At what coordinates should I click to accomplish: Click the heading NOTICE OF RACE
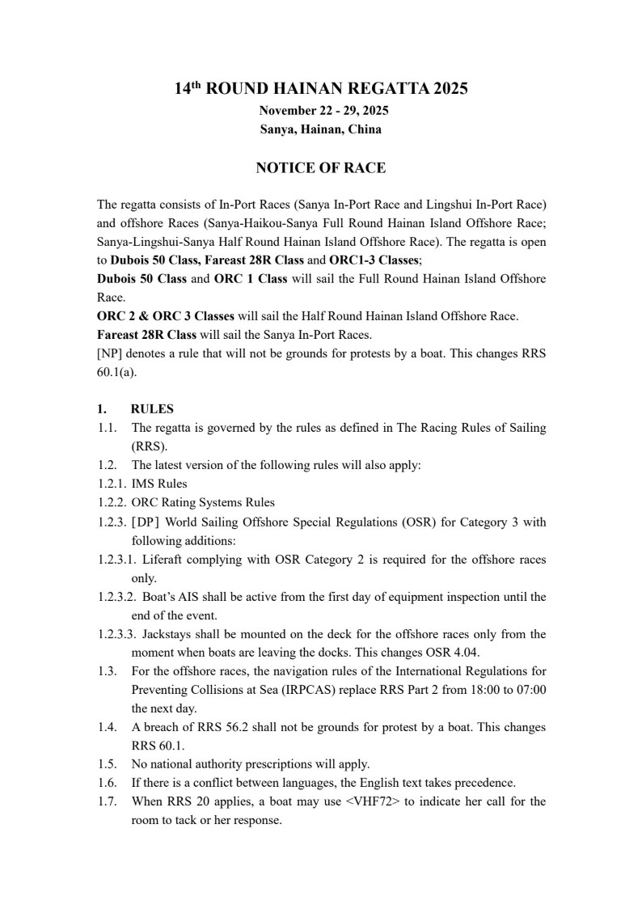[320, 168]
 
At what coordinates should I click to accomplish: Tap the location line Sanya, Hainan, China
[321, 129]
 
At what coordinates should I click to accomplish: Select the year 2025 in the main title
[450, 89]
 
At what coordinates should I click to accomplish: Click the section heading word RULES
[152, 409]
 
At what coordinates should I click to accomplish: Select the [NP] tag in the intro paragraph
[110, 353]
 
